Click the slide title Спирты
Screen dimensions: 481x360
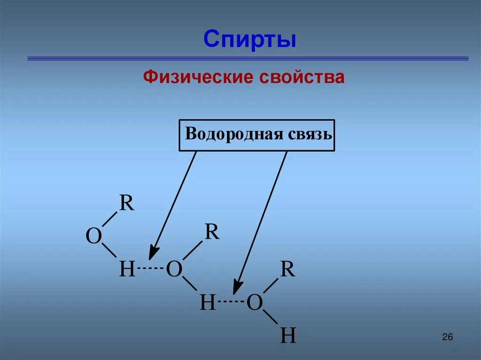[249, 39]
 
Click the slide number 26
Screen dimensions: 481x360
[447, 337]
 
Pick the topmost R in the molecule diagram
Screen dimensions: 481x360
[126, 204]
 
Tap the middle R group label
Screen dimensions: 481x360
[212, 232]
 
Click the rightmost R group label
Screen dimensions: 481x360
[287, 269]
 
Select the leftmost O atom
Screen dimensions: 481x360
[93, 237]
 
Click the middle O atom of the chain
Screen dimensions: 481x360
[174, 270]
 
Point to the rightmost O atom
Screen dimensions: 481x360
[254, 303]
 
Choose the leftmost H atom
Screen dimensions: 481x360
[127, 270]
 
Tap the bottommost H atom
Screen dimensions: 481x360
[288, 336]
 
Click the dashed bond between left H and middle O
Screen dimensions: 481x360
[150, 268]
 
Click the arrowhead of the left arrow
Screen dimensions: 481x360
[152, 253]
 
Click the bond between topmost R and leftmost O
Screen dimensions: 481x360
[109, 219]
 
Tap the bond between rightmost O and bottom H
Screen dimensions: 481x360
[271, 318]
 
